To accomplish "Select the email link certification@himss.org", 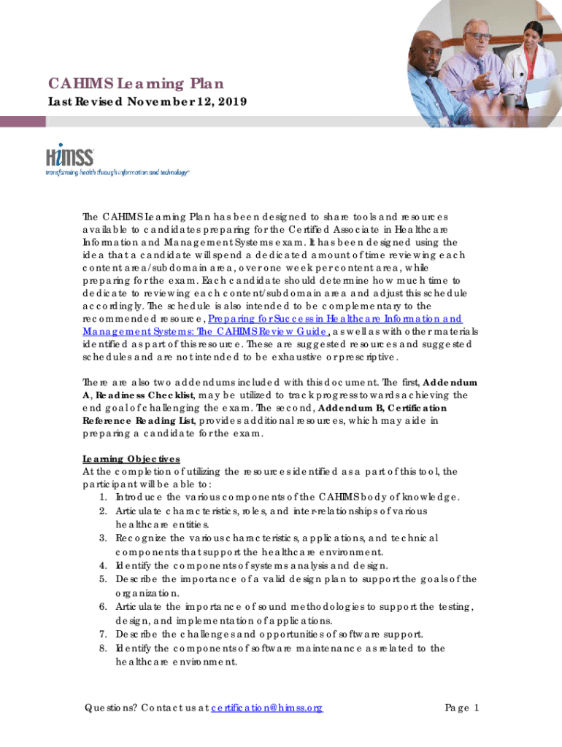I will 266,708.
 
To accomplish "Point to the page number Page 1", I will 462,708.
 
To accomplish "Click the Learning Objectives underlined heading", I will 131,459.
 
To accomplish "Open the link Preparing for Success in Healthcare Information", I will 334,319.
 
